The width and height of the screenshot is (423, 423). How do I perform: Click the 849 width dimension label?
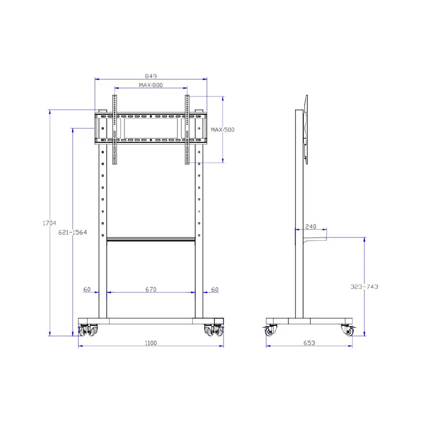tap(151, 76)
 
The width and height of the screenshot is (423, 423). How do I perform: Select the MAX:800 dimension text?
tap(151, 85)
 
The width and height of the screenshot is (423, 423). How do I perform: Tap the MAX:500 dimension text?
tap(222, 129)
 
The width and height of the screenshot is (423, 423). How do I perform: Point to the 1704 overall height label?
tap(49, 223)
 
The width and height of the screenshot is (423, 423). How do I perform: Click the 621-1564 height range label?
tap(73, 233)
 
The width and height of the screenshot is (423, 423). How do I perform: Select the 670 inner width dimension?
tap(151, 289)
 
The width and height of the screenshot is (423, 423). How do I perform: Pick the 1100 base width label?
tap(151, 343)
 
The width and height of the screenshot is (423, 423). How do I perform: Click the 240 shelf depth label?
tap(310, 227)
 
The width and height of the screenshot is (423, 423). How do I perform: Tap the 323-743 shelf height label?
tap(364, 286)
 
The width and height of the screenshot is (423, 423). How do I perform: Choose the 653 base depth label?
tap(309, 343)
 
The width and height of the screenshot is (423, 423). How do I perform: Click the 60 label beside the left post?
tap(87, 289)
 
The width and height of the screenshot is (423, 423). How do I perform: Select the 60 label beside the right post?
tap(214, 289)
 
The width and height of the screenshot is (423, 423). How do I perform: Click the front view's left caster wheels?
tap(88, 330)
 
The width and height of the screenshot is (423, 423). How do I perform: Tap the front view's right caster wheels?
tap(214, 330)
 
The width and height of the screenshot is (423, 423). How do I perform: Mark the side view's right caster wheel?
tap(348, 330)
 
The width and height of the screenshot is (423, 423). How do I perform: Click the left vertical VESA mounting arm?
tap(114, 129)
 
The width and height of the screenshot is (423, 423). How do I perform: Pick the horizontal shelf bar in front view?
tap(151, 240)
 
